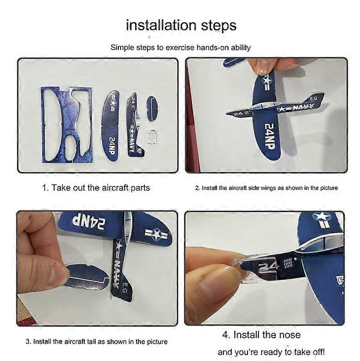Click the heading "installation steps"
coord(181,25)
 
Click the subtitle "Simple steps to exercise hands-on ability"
coord(181,47)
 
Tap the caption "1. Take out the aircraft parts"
coord(96,188)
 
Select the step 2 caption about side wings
coord(266,188)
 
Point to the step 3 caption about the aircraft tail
coord(96,341)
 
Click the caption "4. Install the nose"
coord(261,335)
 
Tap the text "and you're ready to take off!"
coord(271,352)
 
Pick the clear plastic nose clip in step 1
coord(152,137)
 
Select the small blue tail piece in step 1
coord(152,108)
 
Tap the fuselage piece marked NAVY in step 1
coord(135,125)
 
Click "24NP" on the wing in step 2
coord(269,136)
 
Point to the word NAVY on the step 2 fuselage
coord(303,107)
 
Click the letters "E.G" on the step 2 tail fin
coord(313,99)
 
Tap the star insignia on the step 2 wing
coord(267,81)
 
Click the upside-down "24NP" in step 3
coord(89,222)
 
